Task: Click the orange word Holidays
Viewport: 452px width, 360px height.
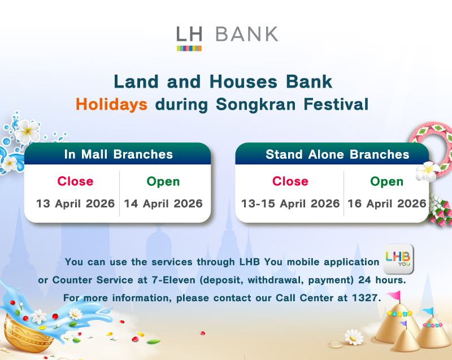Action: (112, 104)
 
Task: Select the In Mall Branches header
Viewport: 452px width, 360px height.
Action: (118, 154)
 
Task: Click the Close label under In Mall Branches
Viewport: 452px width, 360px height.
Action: (75, 181)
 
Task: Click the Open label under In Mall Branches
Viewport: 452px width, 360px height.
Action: (163, 181)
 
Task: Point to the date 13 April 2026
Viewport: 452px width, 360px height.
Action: (75, 203)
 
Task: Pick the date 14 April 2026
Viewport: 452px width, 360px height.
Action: (163, 203)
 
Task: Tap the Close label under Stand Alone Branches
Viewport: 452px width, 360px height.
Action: (290, 181)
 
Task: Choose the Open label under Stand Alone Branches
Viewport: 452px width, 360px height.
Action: (387, 181)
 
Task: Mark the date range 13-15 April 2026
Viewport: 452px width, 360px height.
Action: (290, 203)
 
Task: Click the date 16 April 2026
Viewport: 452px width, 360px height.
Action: (387, 203)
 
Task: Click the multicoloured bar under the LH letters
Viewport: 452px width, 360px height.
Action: (189, 48)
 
